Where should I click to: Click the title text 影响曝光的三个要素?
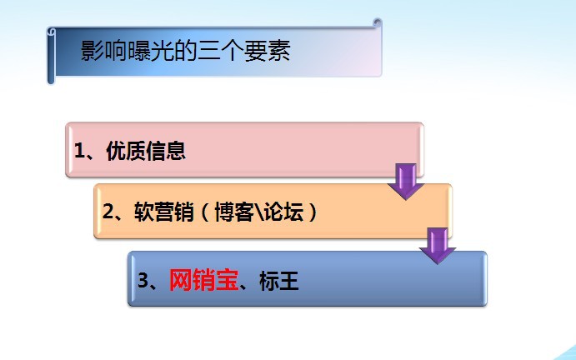point(186,52)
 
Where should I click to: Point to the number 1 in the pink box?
point(79,151)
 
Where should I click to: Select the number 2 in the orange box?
point(108,212)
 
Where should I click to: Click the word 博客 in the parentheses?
point(233,212)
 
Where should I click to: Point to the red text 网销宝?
point(203,281)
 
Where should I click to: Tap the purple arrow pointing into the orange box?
point(406,182)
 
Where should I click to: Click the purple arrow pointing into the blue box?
point(437,245)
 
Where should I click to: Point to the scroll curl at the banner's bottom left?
point(51,80)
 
